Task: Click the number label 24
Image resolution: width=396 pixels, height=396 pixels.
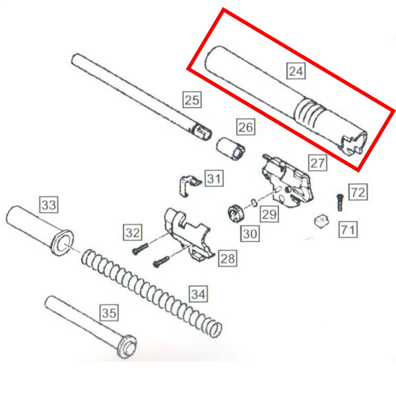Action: click(x=296, y=70)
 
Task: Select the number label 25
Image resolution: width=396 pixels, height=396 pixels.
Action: click(x=191, y=100)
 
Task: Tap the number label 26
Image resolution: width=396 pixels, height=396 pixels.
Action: click(x=246, y=127)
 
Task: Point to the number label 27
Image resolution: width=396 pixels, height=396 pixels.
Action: click(x=317, y=163)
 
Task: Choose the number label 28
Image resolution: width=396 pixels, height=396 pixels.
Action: click(x=227, y=257)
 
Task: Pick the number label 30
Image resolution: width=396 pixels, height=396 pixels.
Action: click(x=250, y=232)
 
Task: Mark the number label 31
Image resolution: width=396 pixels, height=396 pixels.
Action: click(x=214, y=178)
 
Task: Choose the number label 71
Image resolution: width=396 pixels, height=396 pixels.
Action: click(x=348, y=229)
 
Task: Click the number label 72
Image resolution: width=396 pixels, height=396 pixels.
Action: click(x=358, y=193)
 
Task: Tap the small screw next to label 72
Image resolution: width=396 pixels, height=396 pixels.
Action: click(x=339, y=200)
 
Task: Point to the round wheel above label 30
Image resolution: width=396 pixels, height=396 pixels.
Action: click(x=236, y=214)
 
